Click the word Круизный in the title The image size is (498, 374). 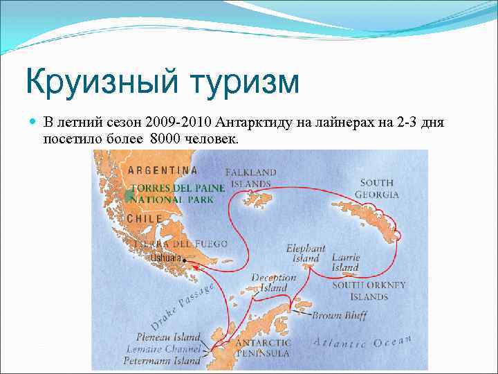pyautogui.click(x=97, y=82)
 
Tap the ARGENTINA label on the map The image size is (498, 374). pyautogui.click(x=162, y=170)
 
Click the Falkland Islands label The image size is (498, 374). pyautogui.click(x=250, y=177)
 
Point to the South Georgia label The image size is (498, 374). pyautogui.click(x=377, y=188)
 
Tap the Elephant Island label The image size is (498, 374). pyautogui.click(x=306, y=253)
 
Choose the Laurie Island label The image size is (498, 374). pyautogui.click(x=345, y=262)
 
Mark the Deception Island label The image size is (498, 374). pyautogui.click(x=274, y=283)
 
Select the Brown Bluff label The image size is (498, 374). pyautogui.click(x=338, y=316)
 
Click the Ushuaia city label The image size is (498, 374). pyautogui.click(x=165, y=258)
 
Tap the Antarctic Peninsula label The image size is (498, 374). pyautogui.click(x=264, y=348)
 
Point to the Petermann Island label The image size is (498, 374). pyautogui.click(x=162, y=360)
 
